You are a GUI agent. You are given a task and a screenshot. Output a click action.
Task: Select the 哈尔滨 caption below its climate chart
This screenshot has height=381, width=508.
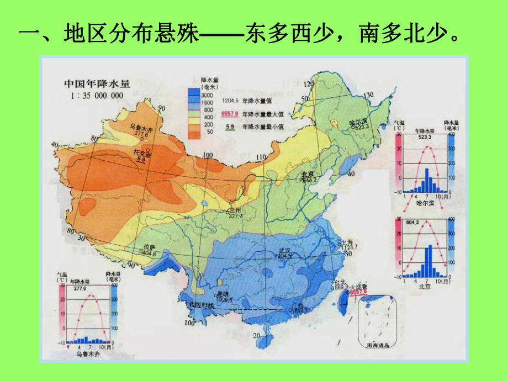[x=424, y=204]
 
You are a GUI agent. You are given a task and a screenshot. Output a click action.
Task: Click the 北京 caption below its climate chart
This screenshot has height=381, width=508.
[x=424, y=287]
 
